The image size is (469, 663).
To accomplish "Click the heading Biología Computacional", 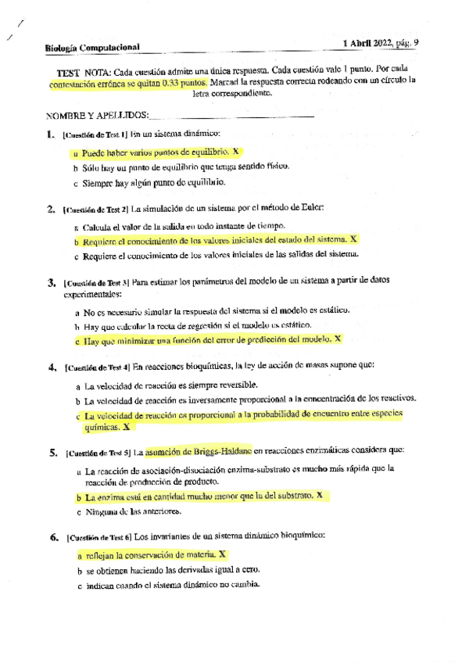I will coord(92,47).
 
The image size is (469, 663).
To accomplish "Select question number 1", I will coord(51,134).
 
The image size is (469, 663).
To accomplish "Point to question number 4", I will coord(52,366).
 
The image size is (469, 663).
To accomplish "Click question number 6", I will coord(52,537).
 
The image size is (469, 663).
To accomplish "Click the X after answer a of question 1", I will coord(235,152).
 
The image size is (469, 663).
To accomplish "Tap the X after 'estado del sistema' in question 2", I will coord(353,239).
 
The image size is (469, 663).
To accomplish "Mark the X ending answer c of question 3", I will coord(338,339).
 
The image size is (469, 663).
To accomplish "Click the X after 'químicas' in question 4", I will coord(127,428).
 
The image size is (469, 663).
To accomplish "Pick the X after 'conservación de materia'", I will coord(223,554).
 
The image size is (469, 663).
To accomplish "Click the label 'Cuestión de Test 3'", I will coord(95,283).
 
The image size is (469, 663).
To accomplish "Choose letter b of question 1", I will coord(75,167).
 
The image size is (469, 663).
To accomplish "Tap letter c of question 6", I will coord(80,586).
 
